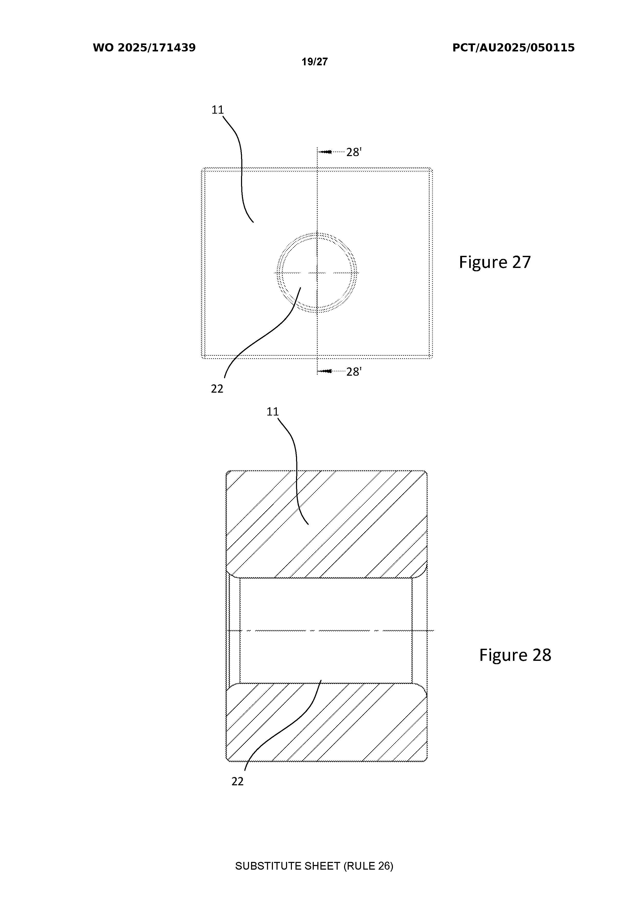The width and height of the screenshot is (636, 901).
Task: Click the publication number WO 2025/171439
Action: (x=144, y=48)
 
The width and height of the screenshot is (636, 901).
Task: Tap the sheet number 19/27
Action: (x=315, y=62)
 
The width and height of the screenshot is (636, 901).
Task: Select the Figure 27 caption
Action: (x=495, y=262)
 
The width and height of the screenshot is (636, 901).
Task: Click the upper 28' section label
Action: (x=354, y=152)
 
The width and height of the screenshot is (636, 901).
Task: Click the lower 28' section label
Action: (x=354, y=372)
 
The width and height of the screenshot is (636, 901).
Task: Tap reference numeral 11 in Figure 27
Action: (x=218, y=110)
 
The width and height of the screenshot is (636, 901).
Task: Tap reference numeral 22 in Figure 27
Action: (x=217, y=389)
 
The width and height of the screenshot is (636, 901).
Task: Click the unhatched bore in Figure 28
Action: (x=326, y=630)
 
